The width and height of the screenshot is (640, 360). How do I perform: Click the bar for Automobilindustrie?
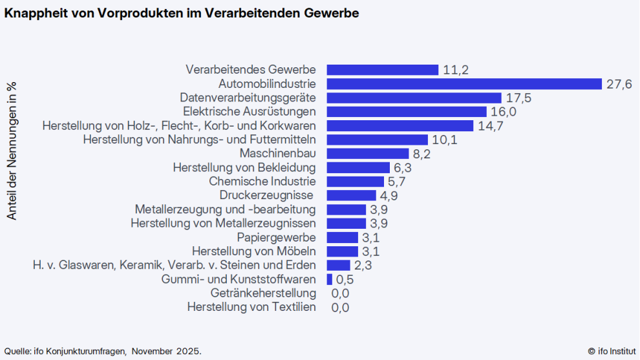pyautogui.click(x=464, y=84)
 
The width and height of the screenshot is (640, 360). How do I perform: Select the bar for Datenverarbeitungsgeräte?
pyautogui.click(x=414, y=98)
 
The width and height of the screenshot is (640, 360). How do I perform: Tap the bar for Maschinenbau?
pyautogui.click(x=368, y=154)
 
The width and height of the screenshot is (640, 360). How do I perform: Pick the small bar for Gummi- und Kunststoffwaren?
pyautogui.click(x=330, y=279)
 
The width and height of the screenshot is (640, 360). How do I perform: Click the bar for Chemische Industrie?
pyautogui.click(x=356, y=182)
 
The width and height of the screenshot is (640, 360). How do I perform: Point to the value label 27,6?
pyautogui.click(x=619, y=85)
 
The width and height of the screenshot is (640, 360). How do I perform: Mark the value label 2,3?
pyautogui.click(x=363, y=266)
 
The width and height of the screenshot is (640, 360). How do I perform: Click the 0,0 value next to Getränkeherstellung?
pyautogui.click(x=340, y=293)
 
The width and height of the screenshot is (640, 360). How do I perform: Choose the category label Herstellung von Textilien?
pyautogui.click(x=251, y=307)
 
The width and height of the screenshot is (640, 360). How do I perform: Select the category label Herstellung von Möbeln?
pyautogui.click(x=254, y=251)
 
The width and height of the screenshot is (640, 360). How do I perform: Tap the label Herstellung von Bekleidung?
pyautogui.click(x=244, y=167)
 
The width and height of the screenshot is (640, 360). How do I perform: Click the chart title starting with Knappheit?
pyautogui.click(x=182, y=13)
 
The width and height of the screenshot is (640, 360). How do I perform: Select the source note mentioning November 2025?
pyautogui.click(x=103, y=351)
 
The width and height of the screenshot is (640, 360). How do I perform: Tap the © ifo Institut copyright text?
pyautogui.click(x=611, y=351)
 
